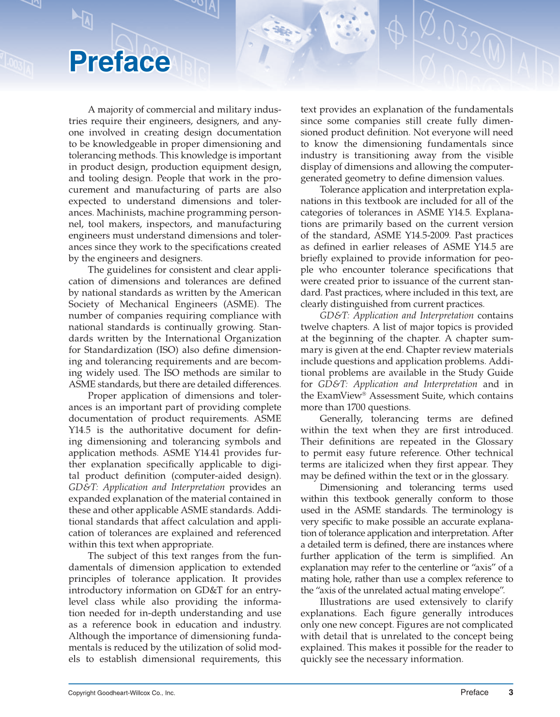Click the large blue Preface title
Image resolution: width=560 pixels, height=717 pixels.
tap(120, 62)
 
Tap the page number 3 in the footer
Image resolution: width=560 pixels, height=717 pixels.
tap(511, 692)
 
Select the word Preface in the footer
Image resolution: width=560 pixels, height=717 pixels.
tap(474, 692)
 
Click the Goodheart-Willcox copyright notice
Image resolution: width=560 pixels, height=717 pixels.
tap(122, 693)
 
